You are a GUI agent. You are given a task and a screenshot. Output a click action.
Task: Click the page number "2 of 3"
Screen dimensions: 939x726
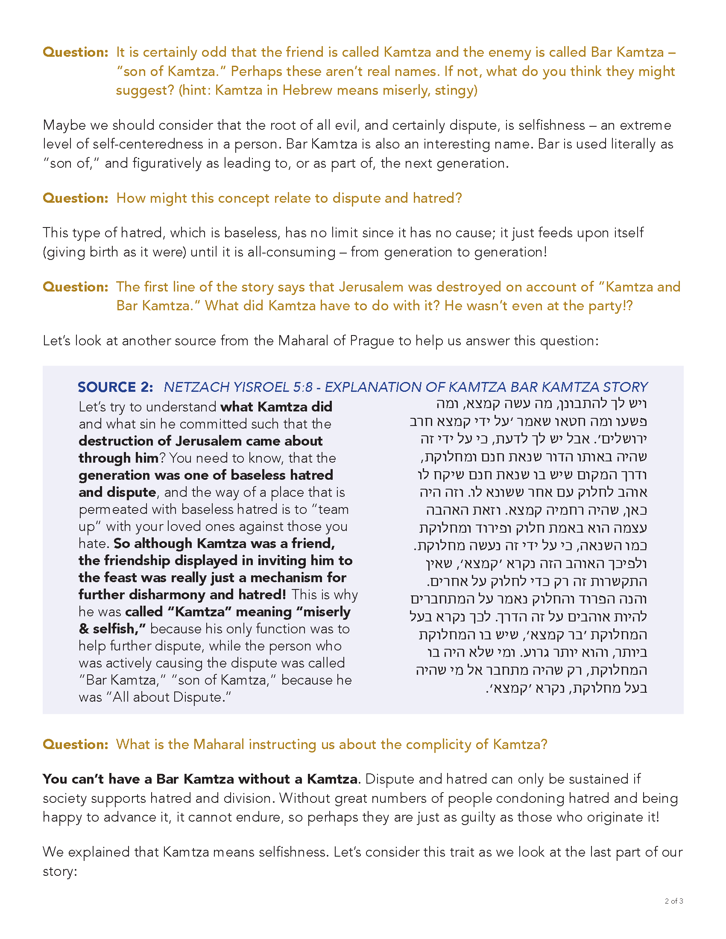point(673,901)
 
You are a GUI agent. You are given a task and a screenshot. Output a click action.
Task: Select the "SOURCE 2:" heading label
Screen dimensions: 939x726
point(115,387)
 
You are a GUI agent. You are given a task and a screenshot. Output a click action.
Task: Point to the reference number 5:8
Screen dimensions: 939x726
point(303,387)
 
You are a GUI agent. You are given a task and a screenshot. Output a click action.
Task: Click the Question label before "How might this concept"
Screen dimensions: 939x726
point(75,198)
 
